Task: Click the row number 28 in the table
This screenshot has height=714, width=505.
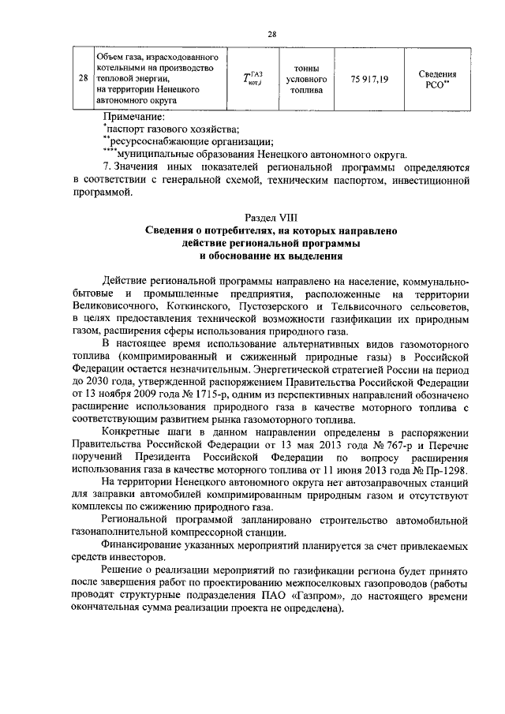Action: point(83,79)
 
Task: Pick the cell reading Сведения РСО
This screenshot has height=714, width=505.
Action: point(437,80)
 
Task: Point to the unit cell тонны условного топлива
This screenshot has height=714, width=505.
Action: point(306,80)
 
